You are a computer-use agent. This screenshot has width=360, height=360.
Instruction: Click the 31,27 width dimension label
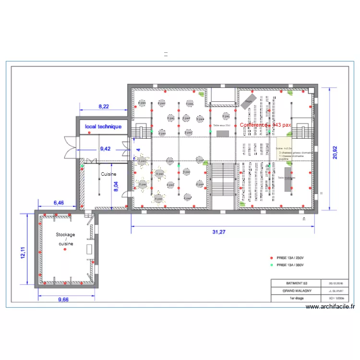tap(218, 232)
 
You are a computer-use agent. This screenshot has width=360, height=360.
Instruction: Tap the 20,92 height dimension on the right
tap(336, 149)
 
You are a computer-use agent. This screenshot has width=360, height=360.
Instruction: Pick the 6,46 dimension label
tap(58, 203)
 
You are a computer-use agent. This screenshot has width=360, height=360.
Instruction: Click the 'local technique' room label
tap(103, 127)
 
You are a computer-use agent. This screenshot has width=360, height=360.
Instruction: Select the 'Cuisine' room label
tap(108, 174)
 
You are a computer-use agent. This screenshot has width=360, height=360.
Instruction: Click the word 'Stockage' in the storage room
tap(65, 235)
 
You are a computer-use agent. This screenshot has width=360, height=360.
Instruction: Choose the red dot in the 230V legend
tap(271, 257)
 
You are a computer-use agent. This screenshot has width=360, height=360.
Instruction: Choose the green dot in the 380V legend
tap(271, 265)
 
